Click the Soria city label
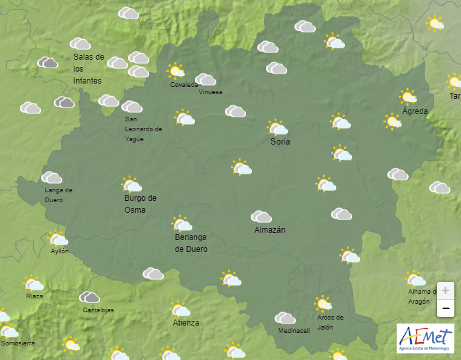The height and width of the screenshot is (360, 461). tap(280, 142)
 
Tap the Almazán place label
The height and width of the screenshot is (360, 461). tap(269, 230)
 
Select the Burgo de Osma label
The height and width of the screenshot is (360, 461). tap(140, 204)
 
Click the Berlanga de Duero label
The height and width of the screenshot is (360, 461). tap(191, 243)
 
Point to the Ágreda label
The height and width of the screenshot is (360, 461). tap(415, 111)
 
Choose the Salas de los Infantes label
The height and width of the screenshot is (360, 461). tap(88, 68)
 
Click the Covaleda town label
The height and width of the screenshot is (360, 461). tap(184, 85)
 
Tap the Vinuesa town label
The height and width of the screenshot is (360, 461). tap(210, 92)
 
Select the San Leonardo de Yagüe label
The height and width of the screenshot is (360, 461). tap(143, 129)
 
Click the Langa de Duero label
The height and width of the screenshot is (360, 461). tap(58, 195)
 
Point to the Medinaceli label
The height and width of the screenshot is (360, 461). tap(294, 331)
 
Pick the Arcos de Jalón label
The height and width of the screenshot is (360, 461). tap(330, 322)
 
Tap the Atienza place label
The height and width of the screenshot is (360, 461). tap(186, 324)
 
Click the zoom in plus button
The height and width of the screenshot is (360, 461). tap(446, 290)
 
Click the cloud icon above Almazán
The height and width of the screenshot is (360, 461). tap(261, 216)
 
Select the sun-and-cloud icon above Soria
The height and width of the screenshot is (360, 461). tap(277, 127)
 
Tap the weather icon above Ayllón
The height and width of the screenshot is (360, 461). tap(58, 239)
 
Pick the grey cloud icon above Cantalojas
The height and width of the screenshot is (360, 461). tap(90, 298)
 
